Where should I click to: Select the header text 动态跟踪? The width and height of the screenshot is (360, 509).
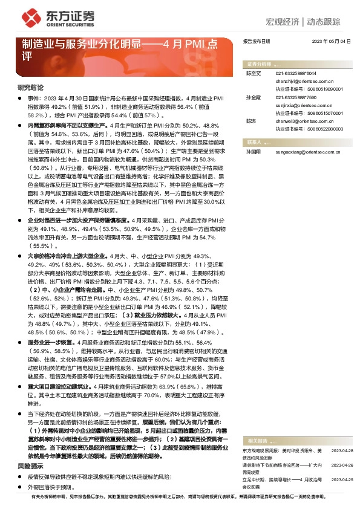tap(328, 22)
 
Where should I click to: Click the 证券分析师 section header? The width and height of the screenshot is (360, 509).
tap(260, 63)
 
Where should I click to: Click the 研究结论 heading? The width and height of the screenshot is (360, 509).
tap(30, 87)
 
